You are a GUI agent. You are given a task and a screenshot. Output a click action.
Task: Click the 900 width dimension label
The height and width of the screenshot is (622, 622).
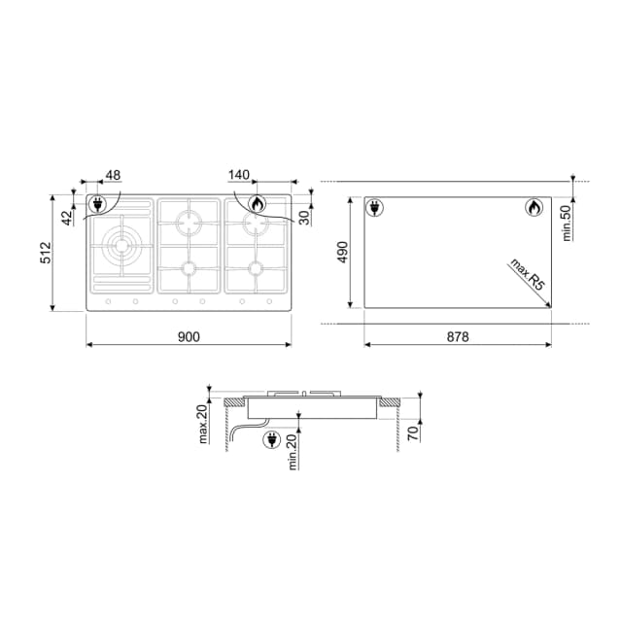[x=189, y=336]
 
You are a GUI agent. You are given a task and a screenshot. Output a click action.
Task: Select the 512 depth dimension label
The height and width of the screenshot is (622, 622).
[x=45, y=254]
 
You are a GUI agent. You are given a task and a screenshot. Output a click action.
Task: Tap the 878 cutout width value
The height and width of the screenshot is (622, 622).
[x=458, y=336]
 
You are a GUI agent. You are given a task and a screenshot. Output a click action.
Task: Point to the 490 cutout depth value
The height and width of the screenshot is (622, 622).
[x=342, y=253]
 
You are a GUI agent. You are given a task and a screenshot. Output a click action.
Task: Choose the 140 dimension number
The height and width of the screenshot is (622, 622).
[x=239, y=175]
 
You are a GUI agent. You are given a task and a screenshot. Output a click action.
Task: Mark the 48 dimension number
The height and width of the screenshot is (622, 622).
[x=113, y=175]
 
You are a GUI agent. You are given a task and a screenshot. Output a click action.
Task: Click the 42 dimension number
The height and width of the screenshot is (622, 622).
[x=66, y=217]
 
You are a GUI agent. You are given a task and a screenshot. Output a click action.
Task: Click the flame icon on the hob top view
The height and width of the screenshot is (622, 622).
[x=257, y=204]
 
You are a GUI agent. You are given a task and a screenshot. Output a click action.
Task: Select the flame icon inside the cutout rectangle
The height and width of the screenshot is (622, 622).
[x=534, y=207]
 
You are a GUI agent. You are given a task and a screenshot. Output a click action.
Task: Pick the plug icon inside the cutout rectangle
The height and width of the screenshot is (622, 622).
[x=374, y=207]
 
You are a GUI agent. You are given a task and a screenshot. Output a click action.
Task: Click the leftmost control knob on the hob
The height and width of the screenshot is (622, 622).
[x=107, y=302]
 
